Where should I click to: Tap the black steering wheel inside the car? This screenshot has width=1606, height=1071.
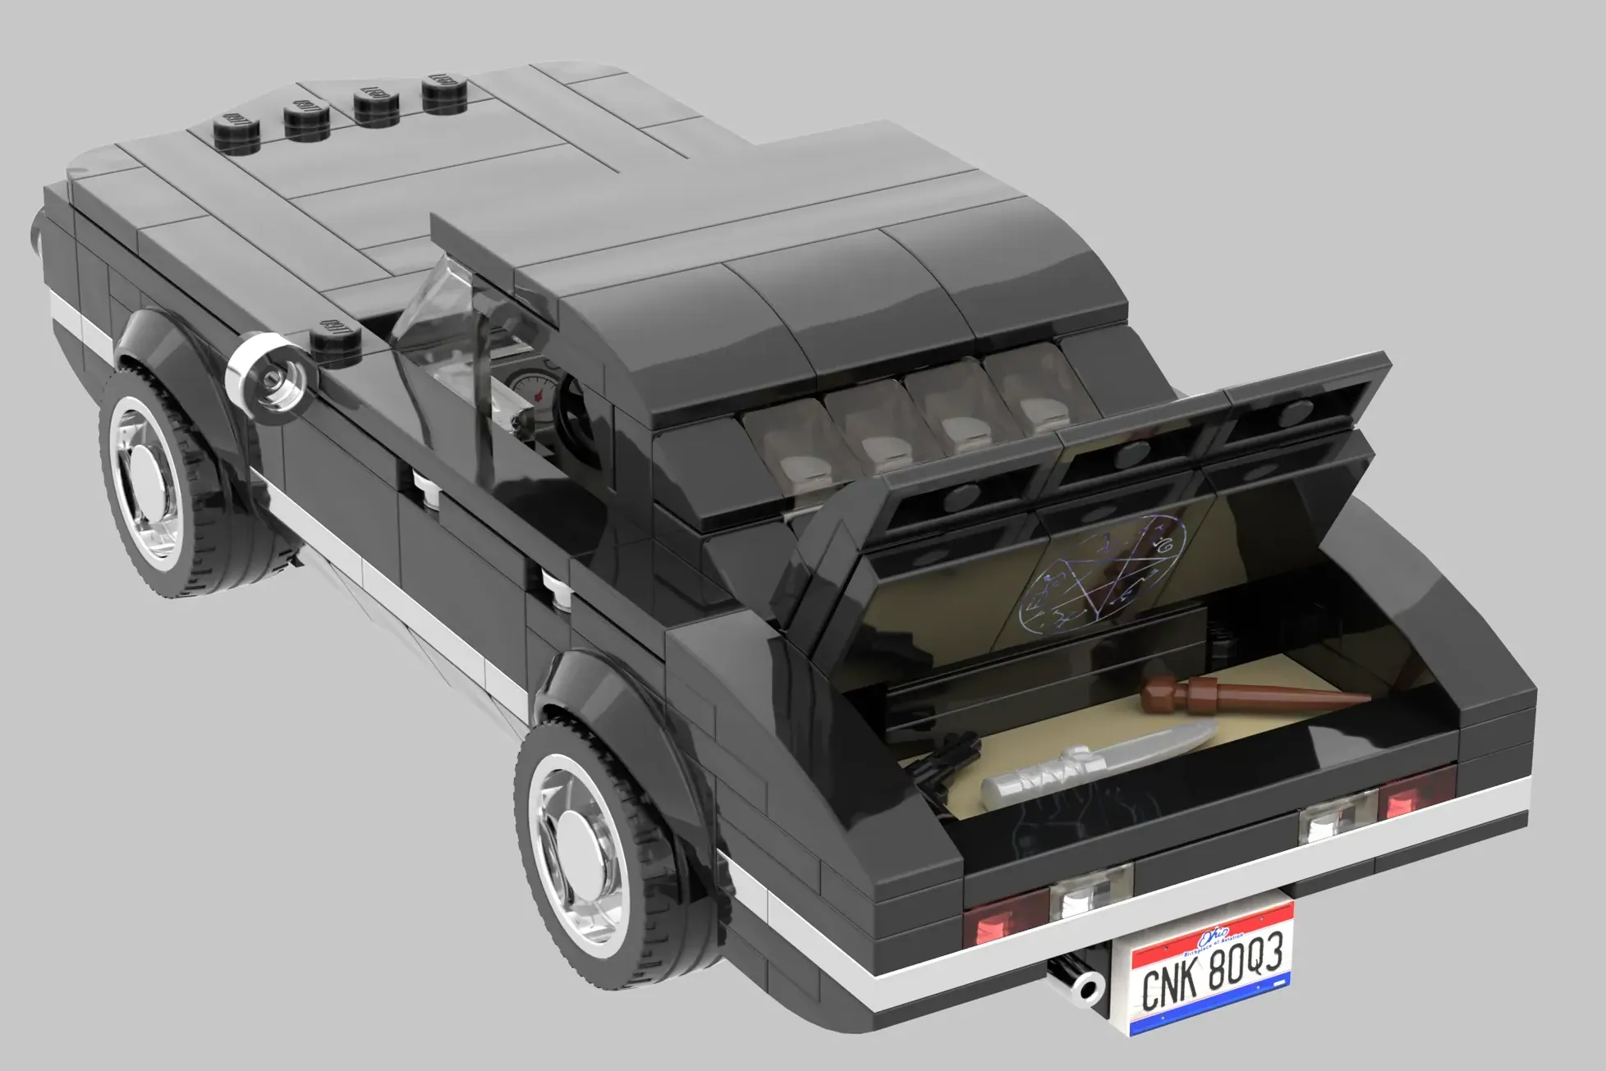tap(575, 410)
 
